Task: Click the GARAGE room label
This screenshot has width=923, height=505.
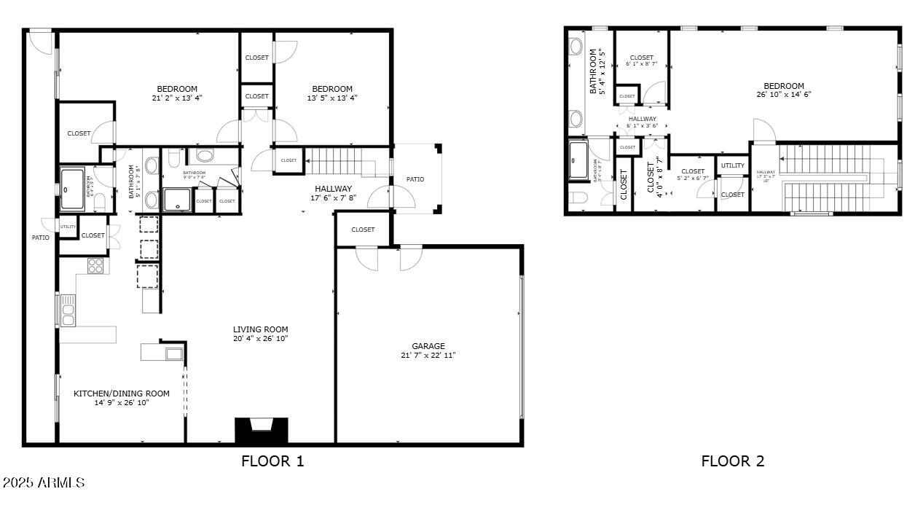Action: pos(428,346)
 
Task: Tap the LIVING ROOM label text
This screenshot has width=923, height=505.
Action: pos(261,329)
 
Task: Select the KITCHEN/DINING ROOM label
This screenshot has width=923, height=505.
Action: pos(121,394)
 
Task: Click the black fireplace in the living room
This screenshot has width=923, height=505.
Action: pos(261,430)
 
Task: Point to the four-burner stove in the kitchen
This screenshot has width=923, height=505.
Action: pos(95,266)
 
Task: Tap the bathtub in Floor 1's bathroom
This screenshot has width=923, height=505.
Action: pos(72,189)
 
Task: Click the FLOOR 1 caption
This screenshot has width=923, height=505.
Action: pos(272,461)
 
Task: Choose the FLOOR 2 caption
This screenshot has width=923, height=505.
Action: pos(732,461)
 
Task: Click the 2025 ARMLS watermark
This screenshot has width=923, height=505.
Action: pos(43,482)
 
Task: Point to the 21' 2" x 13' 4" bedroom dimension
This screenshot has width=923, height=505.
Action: pos(177,98)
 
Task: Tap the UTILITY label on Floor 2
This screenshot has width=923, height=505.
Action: pos(733,165)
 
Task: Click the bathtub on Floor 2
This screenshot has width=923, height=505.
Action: pos(578,160)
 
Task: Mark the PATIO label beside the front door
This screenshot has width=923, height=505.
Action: pos(415,179)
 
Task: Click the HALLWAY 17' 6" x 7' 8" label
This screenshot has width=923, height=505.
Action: pos(333,192)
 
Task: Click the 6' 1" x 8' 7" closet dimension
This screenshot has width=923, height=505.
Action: pos(641,64)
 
